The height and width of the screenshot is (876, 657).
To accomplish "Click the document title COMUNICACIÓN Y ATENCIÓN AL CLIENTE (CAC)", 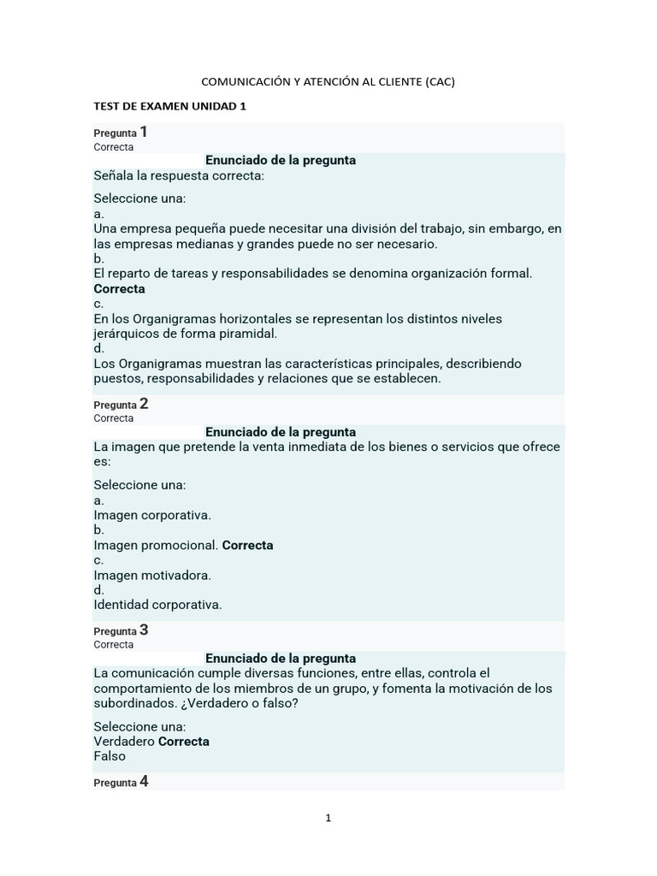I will point(328,81).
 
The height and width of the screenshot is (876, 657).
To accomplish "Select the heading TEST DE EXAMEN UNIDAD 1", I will point(169,106).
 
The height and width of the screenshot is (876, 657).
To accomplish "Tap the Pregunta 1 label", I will point(121,133).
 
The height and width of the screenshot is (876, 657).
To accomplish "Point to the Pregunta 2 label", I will point(121,404).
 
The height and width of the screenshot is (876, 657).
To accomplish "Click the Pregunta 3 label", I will point(121,630).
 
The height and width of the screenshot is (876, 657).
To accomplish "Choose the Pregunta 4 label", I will point(121,782).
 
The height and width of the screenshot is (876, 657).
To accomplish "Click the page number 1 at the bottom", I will point(328,818).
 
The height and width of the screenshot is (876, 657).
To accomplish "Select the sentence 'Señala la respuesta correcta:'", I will point(179,175).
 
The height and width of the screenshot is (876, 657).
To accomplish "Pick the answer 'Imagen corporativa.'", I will point(152,515).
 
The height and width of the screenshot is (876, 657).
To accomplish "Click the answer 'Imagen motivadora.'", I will point(152,575).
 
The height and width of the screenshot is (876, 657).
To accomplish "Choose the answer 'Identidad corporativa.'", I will point(157,605).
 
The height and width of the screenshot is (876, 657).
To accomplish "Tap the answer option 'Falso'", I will point(109,756).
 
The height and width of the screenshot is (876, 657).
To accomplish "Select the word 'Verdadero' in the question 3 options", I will point(124,741).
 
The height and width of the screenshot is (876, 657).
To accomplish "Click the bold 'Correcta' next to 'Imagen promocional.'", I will point(248,545).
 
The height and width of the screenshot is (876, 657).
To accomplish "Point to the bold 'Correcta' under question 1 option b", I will point(119,289).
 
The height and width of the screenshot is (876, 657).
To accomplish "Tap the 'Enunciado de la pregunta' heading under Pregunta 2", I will point(281,432).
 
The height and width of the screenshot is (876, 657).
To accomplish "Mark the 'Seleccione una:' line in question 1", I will point(139,198).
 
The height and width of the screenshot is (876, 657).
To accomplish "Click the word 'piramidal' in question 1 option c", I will point(247,334).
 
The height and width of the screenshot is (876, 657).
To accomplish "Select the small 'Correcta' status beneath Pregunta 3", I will point(113,645).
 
